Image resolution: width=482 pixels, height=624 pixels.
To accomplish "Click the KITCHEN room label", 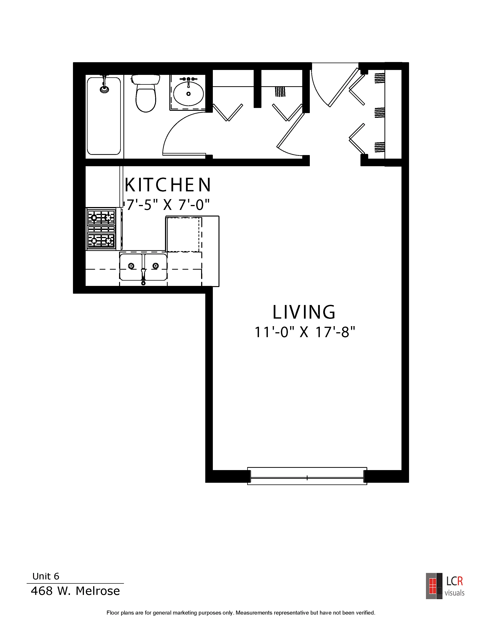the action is (x=168, y=185).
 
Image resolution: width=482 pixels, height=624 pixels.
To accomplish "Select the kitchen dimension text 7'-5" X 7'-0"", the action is (x=168, y=205).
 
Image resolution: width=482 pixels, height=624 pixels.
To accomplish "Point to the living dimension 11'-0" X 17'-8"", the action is (x=305, y=332).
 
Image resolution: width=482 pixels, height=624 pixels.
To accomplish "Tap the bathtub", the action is (x=104, y=116).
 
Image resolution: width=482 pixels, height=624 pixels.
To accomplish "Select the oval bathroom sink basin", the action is (x=188, y=93).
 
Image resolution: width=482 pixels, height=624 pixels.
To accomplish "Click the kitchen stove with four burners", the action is (x=101, y=229).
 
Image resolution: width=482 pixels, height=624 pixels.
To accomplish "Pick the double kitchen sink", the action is (x=143, y=267).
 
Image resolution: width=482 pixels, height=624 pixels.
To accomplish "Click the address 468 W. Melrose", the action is (x=75, y=591).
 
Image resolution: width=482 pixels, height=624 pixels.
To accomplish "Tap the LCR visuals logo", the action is (x=445, y=586).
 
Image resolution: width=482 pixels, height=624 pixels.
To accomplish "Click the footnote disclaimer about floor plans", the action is (x=241, y=613).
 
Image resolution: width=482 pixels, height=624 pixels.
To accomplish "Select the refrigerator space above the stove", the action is (x=102, y=187).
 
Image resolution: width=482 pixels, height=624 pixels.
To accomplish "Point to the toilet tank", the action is (x=146, y=79).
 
